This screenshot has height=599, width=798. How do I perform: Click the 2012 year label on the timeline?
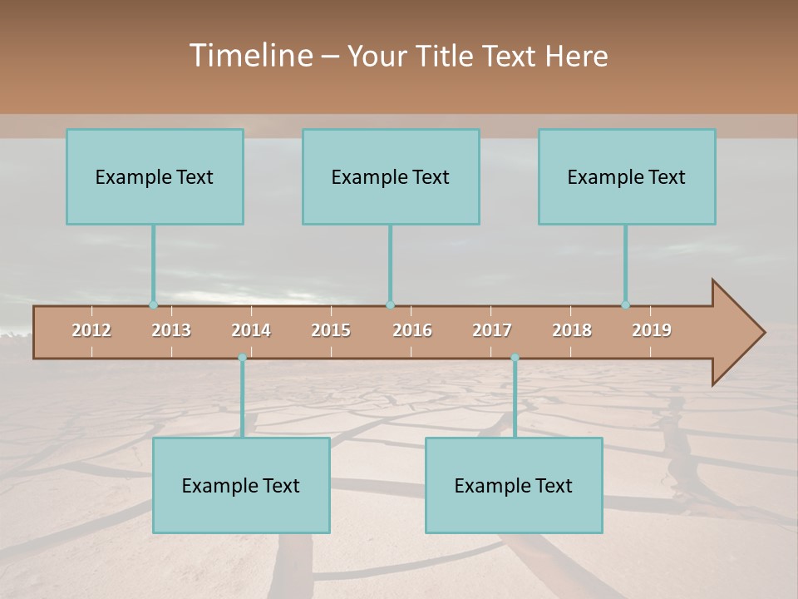coord(91,330)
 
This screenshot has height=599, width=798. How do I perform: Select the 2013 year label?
coord(171,330)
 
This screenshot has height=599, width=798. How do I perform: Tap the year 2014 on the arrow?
coord(251,330)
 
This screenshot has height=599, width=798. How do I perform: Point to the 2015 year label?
coord(331,330)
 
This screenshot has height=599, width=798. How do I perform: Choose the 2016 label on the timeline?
coord(412,330)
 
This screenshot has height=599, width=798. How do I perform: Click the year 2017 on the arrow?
coord(492,330)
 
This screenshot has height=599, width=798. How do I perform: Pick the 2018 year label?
coord(572,330)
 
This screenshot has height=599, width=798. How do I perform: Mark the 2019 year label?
coord(652,330)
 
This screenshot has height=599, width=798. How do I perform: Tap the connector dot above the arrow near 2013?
coord(153,305)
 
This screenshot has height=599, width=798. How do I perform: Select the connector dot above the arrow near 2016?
coord(390,305)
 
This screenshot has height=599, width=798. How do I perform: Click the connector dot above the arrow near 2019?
coord(626,305)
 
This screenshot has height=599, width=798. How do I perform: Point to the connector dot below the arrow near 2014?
coord(242,358)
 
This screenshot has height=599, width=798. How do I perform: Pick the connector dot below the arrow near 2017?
coord(515,358)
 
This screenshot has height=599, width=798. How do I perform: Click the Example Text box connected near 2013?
coord(155,177)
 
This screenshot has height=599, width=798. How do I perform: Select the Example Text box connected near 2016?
coord(391,177)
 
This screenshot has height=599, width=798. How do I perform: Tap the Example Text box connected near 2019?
coord(627,177)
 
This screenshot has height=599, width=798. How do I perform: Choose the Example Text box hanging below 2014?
coord(241,486)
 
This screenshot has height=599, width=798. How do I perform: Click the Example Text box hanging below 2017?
coord(514,486)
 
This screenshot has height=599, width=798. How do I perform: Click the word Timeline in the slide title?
coord(250,56)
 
